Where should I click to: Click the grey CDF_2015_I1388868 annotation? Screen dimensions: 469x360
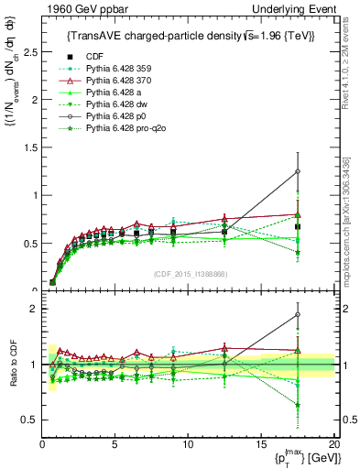188,274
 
